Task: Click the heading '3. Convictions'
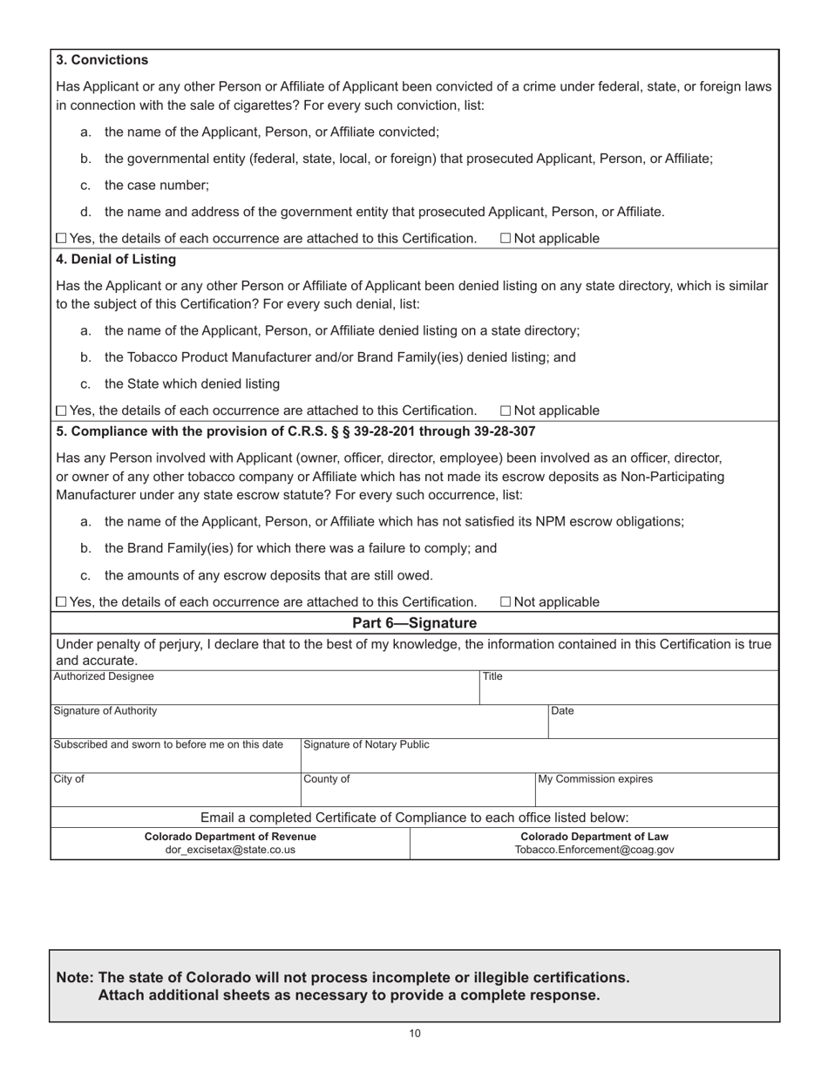click(x=102, y=60)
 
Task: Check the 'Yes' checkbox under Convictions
click(x=61, y=239)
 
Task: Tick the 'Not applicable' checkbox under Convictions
click(x=506, y=239)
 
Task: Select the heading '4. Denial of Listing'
click(x=116, y=259)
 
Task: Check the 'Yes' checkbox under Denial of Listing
click(x=61, y=410)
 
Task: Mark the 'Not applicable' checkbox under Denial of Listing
click(x=506, y=410)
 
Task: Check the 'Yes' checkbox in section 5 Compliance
click(x=61, y=602)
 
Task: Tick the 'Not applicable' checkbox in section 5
click(x=506, y=602)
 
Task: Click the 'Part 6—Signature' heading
click(x=414, y=623)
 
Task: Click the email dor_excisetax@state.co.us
click(x=230, y=850)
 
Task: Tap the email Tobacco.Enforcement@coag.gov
click(x=594, y=850)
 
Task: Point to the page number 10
click(x=415, y=1034)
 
